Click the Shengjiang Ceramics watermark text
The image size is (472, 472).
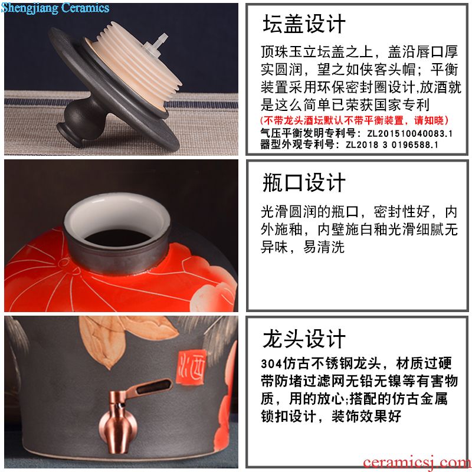click(55, 8)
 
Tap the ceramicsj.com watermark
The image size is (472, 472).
click(417, 462)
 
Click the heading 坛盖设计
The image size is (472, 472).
click(304, 24)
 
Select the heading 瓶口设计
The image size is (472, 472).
click(304, 182)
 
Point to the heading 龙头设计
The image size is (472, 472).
click(304, 339)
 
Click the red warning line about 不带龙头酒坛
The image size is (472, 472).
click(355, 120)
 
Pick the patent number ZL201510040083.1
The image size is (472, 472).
click(409, 133)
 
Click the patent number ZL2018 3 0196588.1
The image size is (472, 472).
click(392, 145)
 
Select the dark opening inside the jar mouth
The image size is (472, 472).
click(117, 238)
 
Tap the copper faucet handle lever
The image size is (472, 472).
click(150, 388)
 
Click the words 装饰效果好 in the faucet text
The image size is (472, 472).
click(366, 417)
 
